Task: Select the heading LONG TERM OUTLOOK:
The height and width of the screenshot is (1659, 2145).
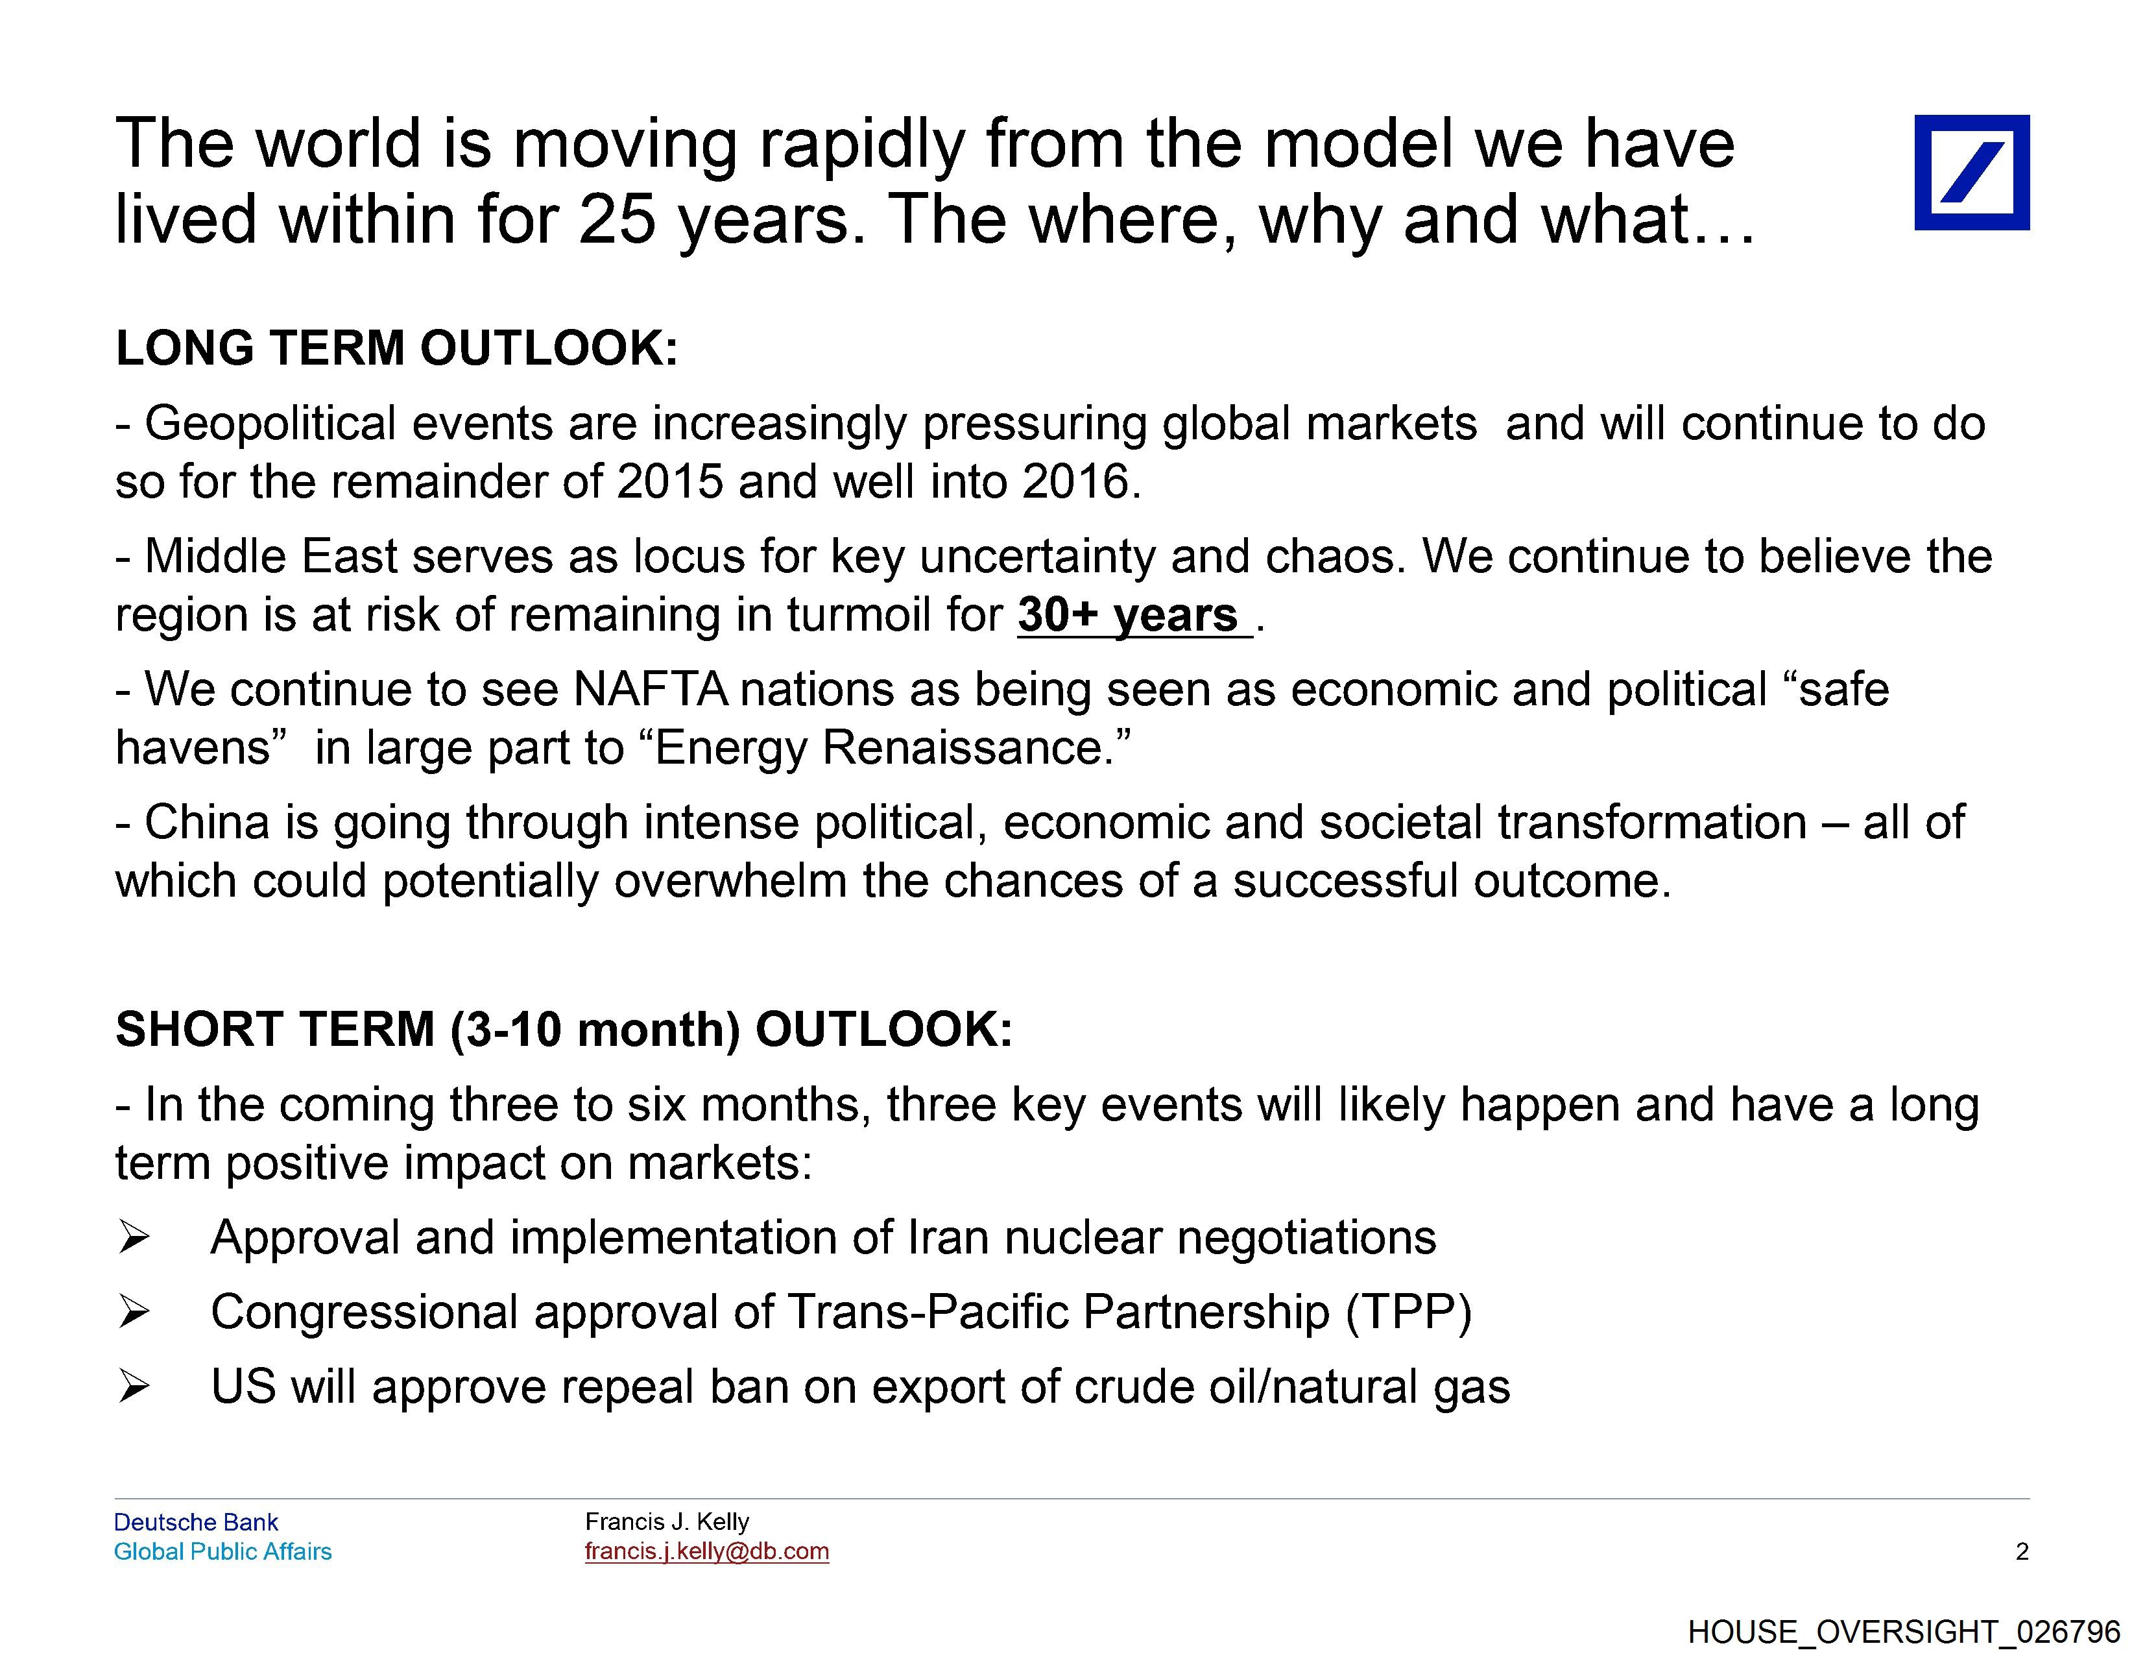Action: pos(397,348)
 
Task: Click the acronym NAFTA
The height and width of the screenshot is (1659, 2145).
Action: pos(650,690)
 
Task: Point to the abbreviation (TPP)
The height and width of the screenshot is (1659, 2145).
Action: pos(1408,1313)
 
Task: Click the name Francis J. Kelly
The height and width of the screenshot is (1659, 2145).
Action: pos(667,1521)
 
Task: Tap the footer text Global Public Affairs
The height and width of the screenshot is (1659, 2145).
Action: pos(223,1552)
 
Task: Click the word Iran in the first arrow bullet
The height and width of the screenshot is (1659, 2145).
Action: pos(948,1238)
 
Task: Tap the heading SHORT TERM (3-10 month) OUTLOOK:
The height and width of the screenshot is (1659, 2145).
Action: pos(564,1030)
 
